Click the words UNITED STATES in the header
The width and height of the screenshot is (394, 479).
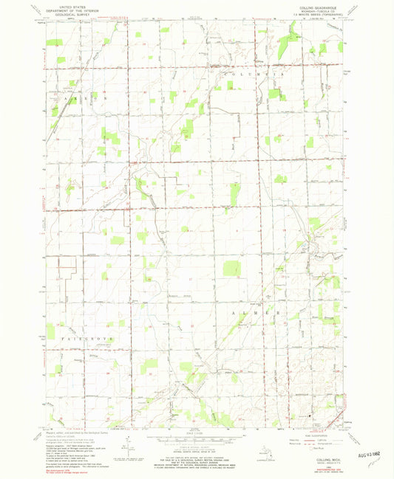click(65, 4)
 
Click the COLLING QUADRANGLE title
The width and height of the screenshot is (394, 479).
click(326, 4)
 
